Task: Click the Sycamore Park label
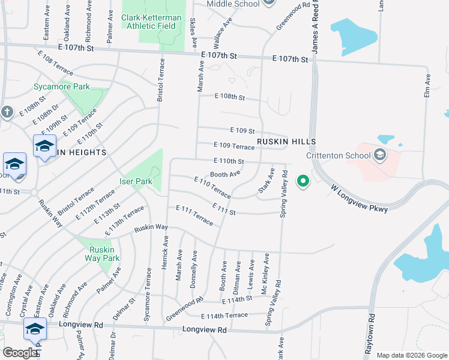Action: pyautogui.click(x=62, y=87)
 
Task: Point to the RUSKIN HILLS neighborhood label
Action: pyautogui.click(x=286, y=142)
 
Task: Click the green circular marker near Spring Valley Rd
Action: pyautogui.click(x=303, y=180)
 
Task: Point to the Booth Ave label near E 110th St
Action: pyautogui.click(x=225, y=174)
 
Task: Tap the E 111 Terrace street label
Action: pyautogui.click(x=194, y=215)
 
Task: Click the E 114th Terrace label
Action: pyautogui.click(x=224, y=316)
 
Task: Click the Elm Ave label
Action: pyautogui.click(x=428, y=86)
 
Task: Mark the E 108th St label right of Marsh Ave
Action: pyautogui.click(x=230, y=97)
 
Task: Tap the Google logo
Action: pyautogui.click(x=20, y=353)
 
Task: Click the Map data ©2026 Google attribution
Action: pyautogui.click(x=411, y=355)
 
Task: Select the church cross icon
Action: pyautogui.click(x=6, y=112)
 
